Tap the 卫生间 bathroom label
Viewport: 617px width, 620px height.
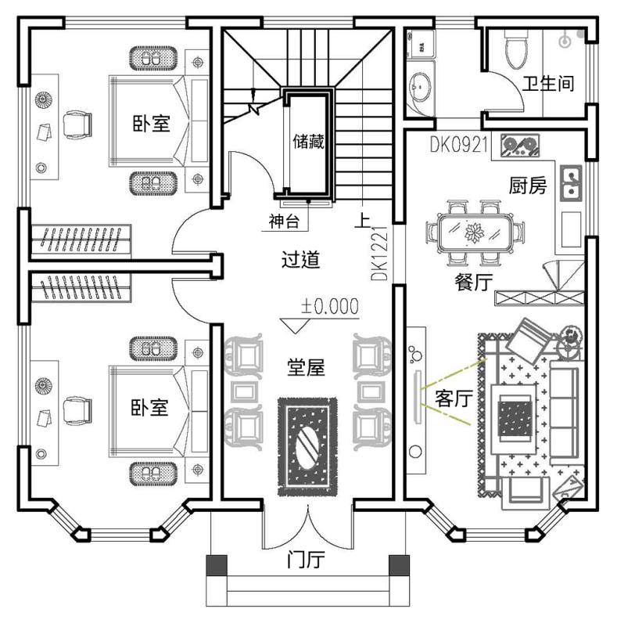pyautogui.click(x=548, y=84)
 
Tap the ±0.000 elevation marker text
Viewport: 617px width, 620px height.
pyautogui.click(x=330, y=305)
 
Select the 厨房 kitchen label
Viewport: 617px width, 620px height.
pyautogui.click(x=527, y=186)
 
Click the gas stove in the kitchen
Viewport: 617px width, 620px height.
pyautogui.click(x=517, y=145)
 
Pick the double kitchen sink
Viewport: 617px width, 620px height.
pyautogui.click(x=572, y=182)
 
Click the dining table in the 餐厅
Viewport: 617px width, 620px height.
pyautogui.click(x=475, y=232)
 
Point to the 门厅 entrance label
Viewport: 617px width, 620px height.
pyautogui.click(x=306, y=561)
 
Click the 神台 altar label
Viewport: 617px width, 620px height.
pyautogui.click(x=284, y=222)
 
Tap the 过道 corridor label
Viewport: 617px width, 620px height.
pyautogui.click(x=300, y=259)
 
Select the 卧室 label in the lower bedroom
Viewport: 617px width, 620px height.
pyautogui.click(x=149, y=407)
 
